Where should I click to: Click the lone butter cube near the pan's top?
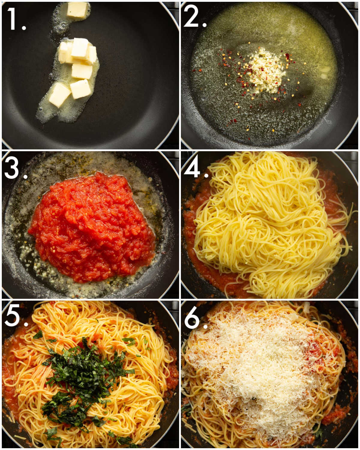[x=77, y=10]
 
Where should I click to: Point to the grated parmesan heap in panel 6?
[x=258, y=369]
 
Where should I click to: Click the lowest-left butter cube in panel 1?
[x=59, y=95]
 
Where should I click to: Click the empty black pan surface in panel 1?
[x=135, y=75]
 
